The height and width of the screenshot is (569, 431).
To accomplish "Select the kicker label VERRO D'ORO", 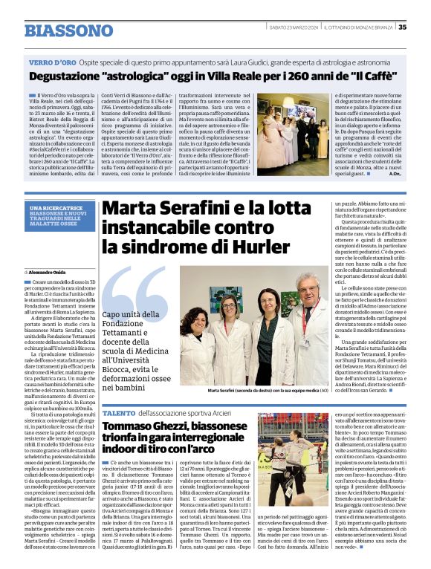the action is click(51, 62).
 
